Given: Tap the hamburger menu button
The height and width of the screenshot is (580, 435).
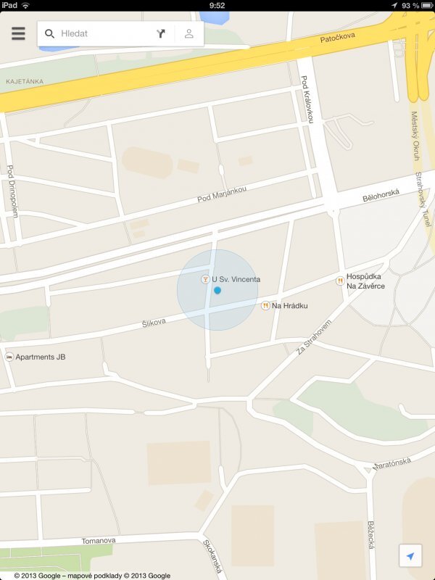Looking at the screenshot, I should tap(18, 33).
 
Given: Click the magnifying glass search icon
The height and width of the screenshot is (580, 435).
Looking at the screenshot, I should tap(49, 33).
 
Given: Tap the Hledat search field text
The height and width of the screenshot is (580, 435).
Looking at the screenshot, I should tap(75, 33).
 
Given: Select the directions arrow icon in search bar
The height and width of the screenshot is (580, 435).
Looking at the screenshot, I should tap(160, 33).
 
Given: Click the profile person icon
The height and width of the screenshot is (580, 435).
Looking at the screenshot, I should tap(188, 33).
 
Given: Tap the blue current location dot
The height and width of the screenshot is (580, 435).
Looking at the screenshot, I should tap(217, 290).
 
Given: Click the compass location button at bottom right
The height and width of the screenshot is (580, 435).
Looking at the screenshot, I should tap(410, 556).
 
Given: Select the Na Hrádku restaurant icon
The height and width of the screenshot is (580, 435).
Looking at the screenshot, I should tap(265, 306).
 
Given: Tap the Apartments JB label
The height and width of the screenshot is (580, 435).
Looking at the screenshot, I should tap(41, 357).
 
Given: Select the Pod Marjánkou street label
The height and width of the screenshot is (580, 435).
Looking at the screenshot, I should tap(222, 194).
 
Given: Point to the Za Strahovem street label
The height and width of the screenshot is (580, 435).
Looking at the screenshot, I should tap(313, 338).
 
